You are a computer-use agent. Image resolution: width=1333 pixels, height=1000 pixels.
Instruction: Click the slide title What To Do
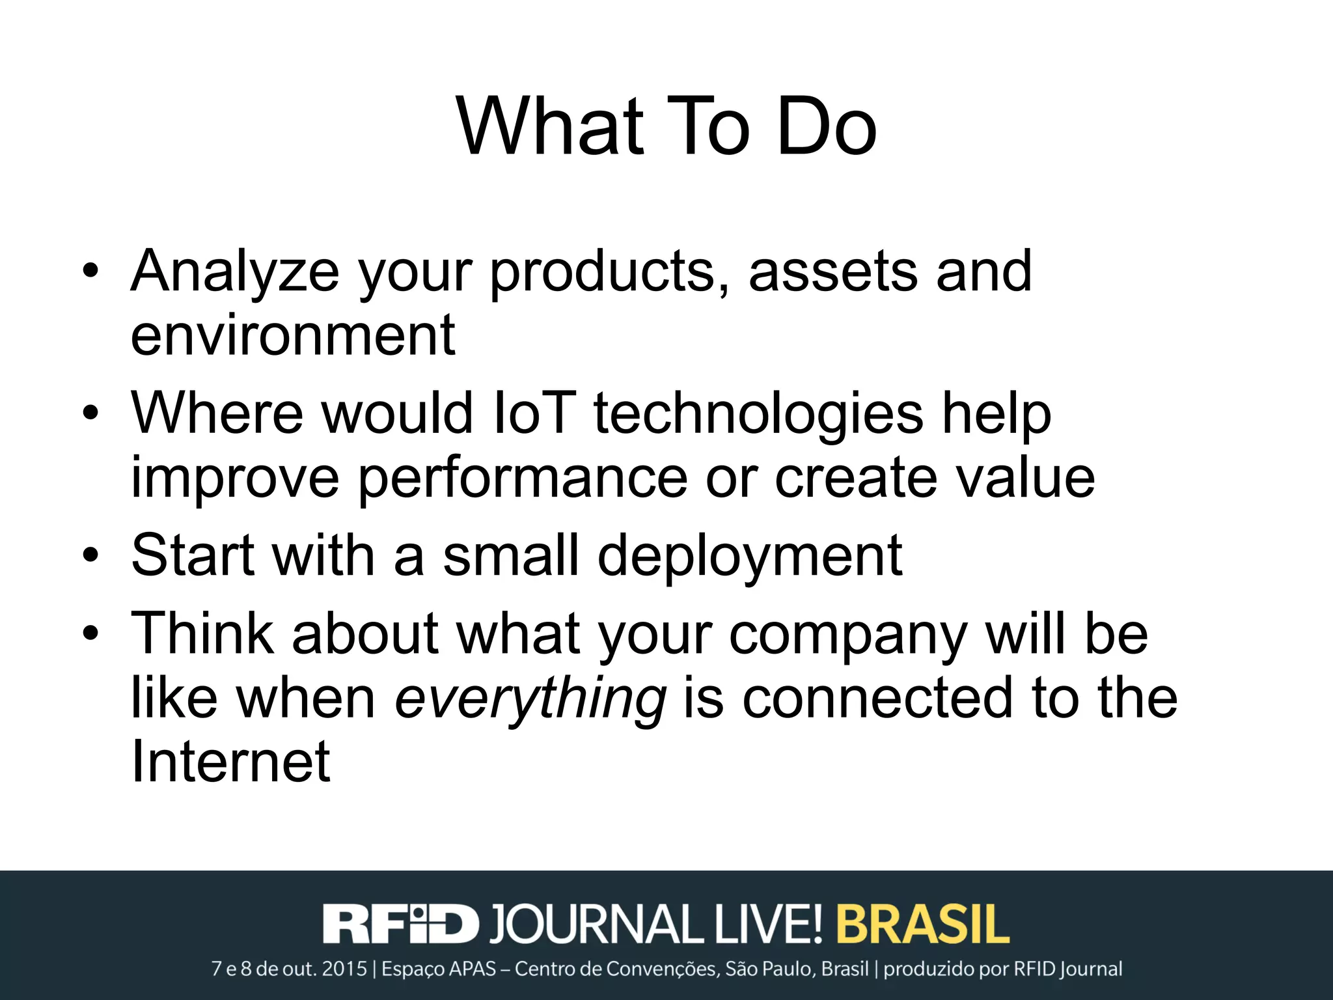pos(666,127)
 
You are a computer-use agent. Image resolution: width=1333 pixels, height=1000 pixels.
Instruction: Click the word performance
pos(523,479)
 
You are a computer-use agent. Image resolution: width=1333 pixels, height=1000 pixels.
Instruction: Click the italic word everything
pos(530,699)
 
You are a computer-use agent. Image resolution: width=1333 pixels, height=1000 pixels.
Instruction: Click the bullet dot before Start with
pos(91,555)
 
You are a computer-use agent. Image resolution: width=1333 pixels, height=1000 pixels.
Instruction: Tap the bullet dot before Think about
pos(91,632)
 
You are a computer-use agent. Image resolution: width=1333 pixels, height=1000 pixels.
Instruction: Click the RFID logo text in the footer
pos(400,923)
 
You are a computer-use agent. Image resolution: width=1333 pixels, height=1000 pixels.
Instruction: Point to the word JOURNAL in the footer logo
pos(596,923)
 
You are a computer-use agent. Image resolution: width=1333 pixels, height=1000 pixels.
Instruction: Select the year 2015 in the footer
pos(345,969)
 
